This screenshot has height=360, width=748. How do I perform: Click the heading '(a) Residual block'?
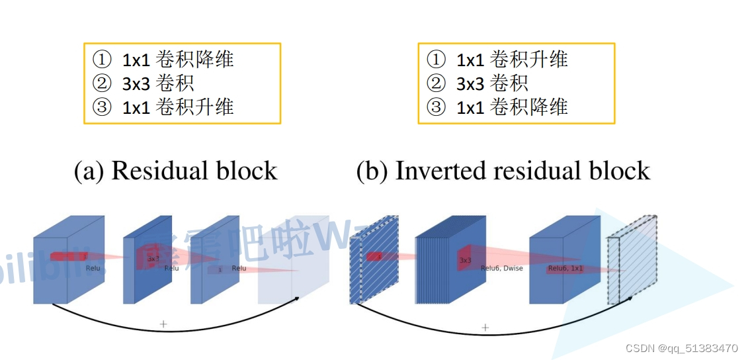(175, 171)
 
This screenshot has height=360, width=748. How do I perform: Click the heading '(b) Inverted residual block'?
(503, 171)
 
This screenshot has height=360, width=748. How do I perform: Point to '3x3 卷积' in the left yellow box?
(158, 83)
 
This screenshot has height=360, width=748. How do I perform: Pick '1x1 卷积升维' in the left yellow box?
(178, 107)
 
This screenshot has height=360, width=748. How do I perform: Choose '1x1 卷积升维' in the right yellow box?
(512, 60)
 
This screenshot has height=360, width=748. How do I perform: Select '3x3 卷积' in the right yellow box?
(492, 83)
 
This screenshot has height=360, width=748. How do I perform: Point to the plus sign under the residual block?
(163, 324)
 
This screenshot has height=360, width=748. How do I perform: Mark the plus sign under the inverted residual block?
(485, 327)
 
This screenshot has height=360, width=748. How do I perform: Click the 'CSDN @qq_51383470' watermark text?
(682, 348)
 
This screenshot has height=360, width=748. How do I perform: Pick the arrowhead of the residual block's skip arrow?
(297, 298)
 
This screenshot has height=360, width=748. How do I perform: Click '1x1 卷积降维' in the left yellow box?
(178, 60)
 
